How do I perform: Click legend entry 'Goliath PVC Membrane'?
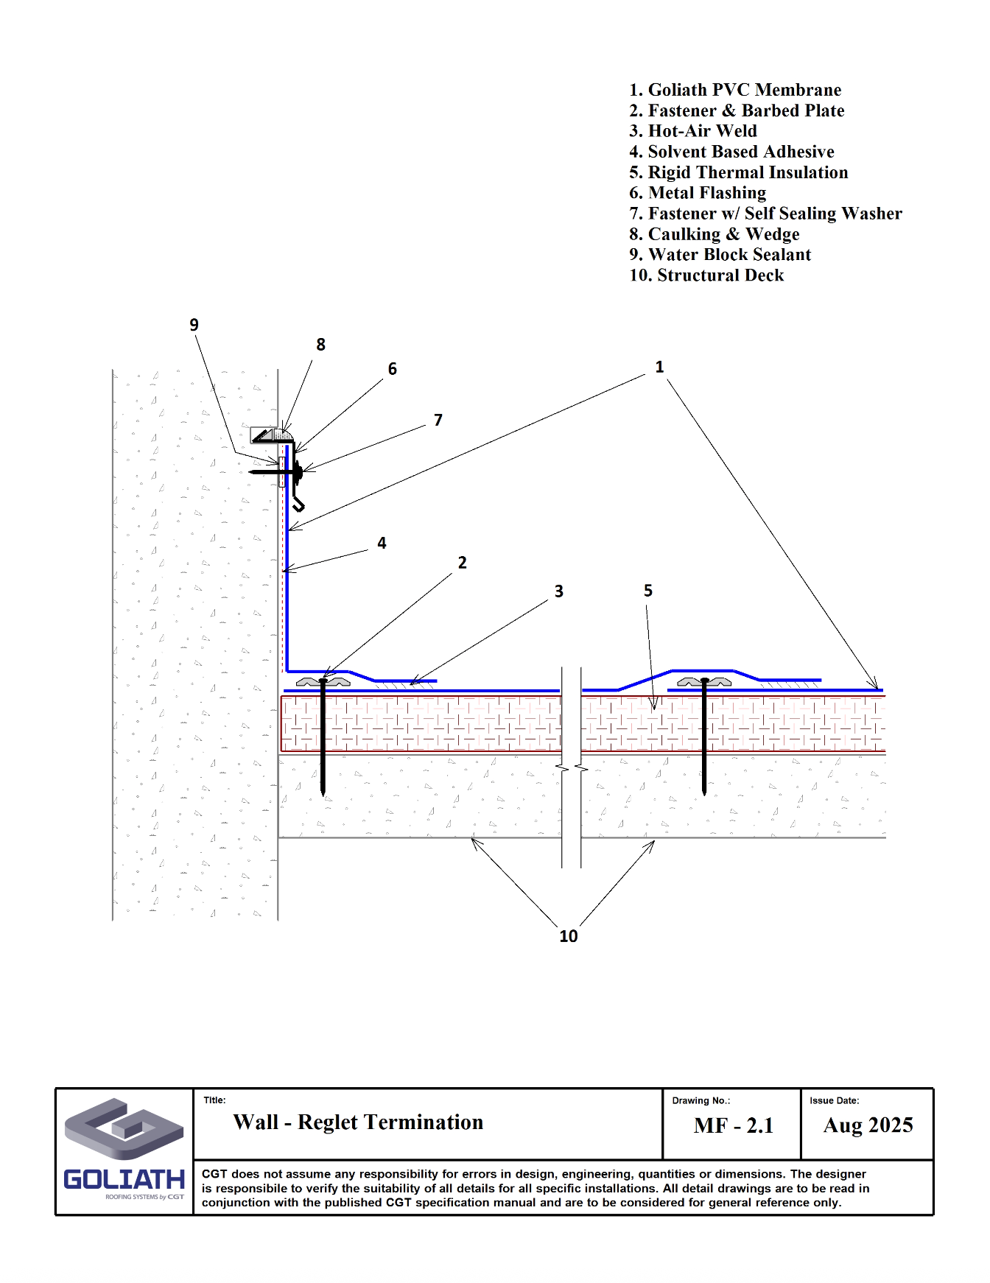735,90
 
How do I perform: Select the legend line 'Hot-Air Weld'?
693,131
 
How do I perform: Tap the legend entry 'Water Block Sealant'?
720,255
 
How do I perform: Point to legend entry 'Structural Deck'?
706,275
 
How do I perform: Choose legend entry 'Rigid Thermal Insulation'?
739,172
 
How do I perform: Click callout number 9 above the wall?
194,325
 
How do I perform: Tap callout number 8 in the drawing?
320,345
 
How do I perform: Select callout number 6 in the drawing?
393,369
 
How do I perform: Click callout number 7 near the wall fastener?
438,420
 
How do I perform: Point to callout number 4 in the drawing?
382,544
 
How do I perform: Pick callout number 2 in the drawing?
462,563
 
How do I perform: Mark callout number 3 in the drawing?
559,591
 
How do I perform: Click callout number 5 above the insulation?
648,591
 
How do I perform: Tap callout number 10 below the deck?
568,936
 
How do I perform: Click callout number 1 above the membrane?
659,367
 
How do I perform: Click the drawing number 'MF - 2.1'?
734,1125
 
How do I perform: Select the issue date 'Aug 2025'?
868,1125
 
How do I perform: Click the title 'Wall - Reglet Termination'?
358,1122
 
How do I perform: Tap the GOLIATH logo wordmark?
124,1179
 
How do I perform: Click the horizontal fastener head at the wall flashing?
298,471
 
